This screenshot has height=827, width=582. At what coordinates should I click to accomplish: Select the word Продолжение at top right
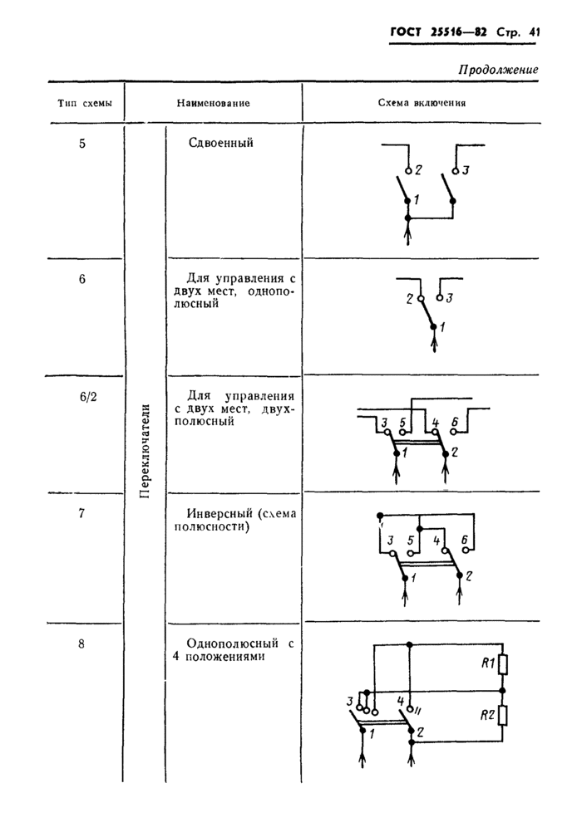pyautogui.click(x=498, y=70)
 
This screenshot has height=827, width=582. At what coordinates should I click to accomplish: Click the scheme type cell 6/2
pyautogui.click(x=88, y=398)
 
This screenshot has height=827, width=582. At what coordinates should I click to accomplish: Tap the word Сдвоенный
pyautogui.click(x=220, y=143)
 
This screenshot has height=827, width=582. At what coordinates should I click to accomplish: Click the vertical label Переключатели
pyautogui.click(x=145, y=449)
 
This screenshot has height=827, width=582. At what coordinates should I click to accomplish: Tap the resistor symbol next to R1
pyautogui.click(x=504, y=665)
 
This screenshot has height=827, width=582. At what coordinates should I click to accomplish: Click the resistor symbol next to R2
pyautogui.click(x=504, y=715)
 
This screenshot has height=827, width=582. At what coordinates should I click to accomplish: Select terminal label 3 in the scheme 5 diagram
pyautogui.click(x=466, y=171)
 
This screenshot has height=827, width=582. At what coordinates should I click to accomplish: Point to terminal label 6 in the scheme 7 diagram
pyautogui.click(x=464, y=541)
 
